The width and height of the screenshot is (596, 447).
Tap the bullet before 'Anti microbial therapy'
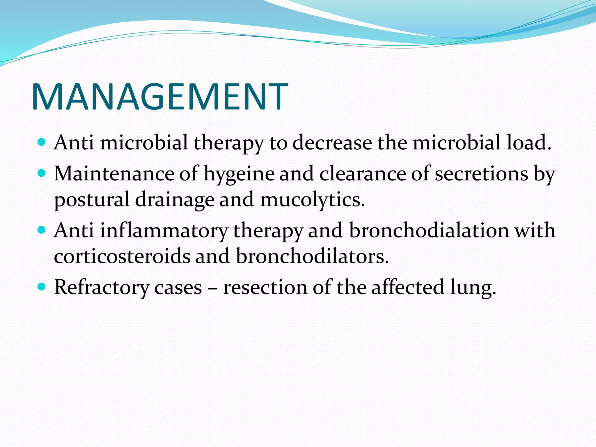click(x=42, y=142)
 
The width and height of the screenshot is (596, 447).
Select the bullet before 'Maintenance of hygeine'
click(x=42, y=173)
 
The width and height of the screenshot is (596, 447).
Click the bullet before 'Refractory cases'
click(x=42, y=287)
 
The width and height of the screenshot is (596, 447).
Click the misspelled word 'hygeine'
click(x=239, y=174)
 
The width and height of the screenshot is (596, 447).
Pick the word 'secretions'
click(x=481, y=174)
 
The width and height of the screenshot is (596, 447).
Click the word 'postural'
click(x=92, y=200)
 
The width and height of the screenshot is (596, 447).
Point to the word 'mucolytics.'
click(x=313, y=200)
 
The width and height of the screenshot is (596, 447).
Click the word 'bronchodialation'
click(x=429, y=230)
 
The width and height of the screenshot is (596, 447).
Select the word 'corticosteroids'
click(x=122, y=256)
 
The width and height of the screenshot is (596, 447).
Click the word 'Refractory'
click(x=102, y=288)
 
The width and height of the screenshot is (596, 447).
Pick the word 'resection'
click(x=265, y=288)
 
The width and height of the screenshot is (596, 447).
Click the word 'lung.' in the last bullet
click(x=473, y=288)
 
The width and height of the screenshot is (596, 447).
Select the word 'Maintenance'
click(x=114, y=174)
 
